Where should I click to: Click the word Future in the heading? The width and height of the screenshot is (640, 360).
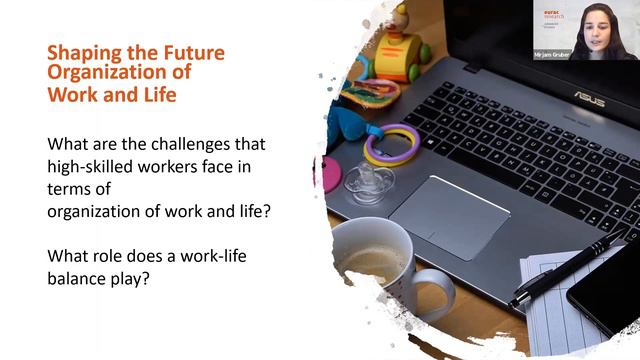pyautogui.click(x=191, y=53)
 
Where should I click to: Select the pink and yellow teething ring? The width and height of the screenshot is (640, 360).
pyautogui.click(x=389, y=145)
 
